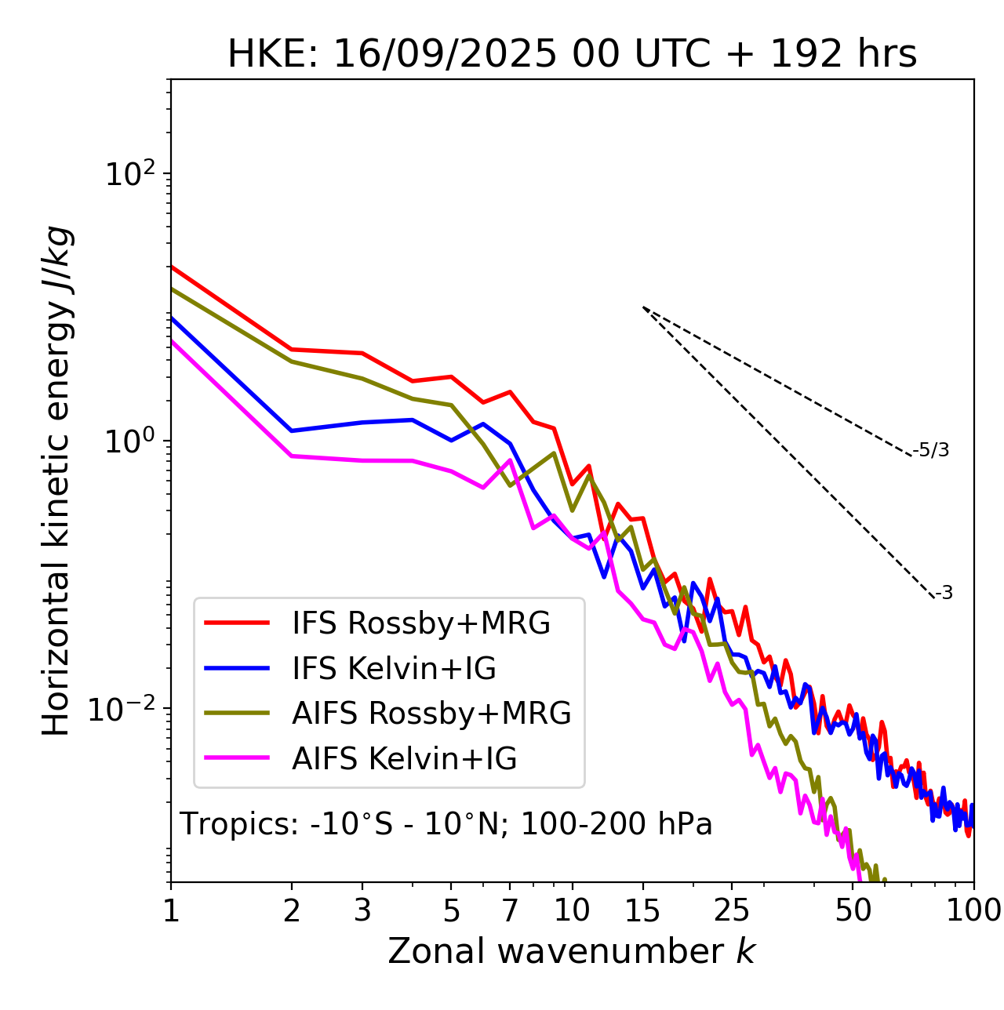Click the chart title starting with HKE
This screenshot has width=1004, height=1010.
click(572, 55)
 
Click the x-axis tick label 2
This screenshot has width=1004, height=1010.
click(292, 911)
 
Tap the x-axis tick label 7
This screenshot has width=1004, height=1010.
click(510, 911)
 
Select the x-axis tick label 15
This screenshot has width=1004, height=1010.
click(642, 911)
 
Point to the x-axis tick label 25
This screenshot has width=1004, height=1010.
click(731, 911)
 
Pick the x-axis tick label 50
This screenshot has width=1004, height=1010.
click(853, 911)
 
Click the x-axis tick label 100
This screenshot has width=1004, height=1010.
click(973, 911)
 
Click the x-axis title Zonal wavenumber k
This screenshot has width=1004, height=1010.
click(571, 952)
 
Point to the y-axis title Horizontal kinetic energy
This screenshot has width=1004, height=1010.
click(56, 481)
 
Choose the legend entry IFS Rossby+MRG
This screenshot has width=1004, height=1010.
click(420, 623)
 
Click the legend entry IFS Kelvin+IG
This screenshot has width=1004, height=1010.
click(394, 669)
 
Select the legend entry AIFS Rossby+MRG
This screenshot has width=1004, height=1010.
click(431, 714)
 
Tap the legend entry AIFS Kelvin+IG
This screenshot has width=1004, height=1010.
click(404, 759)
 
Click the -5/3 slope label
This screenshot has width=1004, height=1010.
click(931, 451)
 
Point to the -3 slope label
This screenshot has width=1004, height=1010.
click(944, 594)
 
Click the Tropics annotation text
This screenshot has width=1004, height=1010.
click(446, 825)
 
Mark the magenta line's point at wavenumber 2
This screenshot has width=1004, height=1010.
click(292, 456)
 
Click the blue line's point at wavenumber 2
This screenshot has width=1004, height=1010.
click(292, 431)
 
